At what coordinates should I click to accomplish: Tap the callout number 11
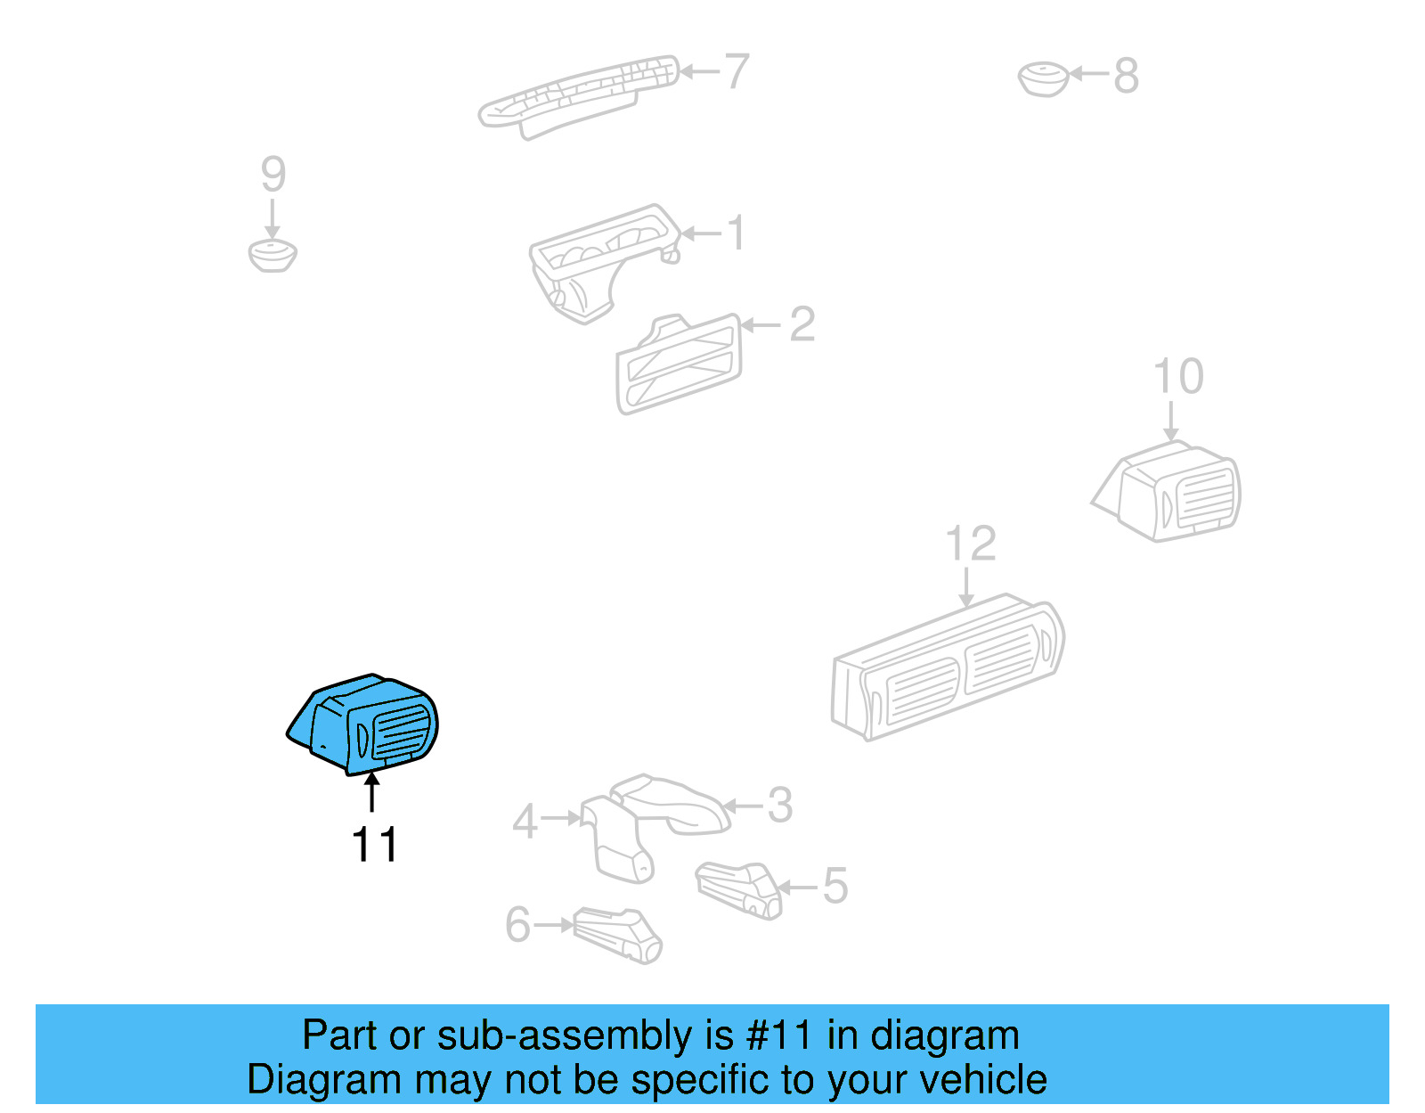point(374,845)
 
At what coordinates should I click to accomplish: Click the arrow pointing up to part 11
point(371,792)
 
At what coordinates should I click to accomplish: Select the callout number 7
point(736,71)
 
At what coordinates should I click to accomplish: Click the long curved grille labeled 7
point(579,94)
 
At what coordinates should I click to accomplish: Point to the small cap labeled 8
point(1043,79)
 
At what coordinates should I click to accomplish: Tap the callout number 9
point(273,174)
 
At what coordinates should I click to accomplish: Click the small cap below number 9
point(273,255)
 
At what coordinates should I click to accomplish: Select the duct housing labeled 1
point(597,263)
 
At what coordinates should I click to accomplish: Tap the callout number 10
point(1177,376)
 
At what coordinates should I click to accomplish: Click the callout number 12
point(970,544)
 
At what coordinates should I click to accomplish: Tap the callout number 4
point(525,822)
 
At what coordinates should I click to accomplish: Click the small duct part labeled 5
point(739,888)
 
